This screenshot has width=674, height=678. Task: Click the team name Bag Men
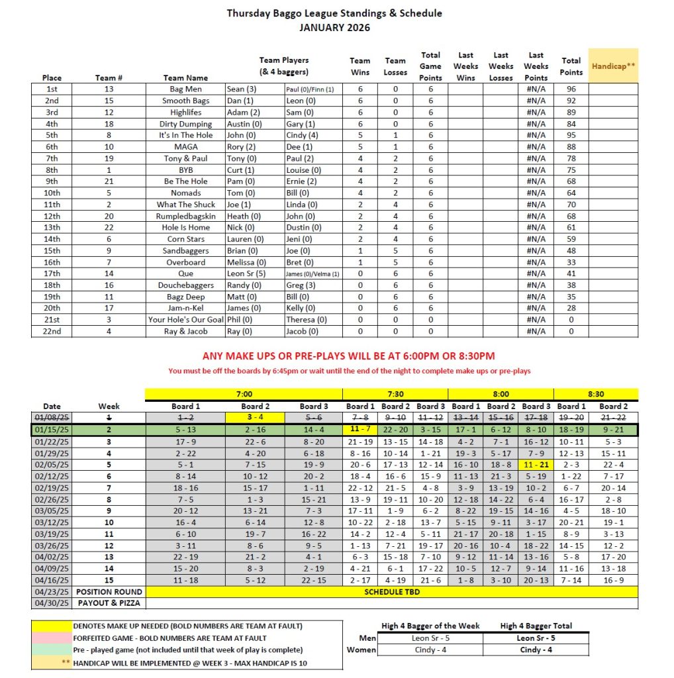(185, 89)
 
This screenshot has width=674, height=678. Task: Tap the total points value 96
(571, 89)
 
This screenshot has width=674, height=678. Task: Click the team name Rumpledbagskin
(185, 217)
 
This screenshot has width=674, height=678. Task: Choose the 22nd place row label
(52, 332)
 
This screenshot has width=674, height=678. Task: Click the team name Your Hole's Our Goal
(185, 320)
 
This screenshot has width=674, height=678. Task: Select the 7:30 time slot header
(395, 394)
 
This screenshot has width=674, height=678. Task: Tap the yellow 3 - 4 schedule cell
(255, 418)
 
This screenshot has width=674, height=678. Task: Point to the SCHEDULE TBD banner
(392, 592)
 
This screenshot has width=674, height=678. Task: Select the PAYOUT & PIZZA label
(109, 604)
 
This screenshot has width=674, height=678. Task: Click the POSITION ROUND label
(109, 592)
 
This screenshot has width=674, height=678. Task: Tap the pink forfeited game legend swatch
(51, 638)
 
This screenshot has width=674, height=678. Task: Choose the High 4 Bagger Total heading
(536, 626)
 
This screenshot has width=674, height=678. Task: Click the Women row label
(362, 650)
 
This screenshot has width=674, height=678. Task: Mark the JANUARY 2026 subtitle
(334, 28)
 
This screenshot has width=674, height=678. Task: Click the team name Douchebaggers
(185, 285)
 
